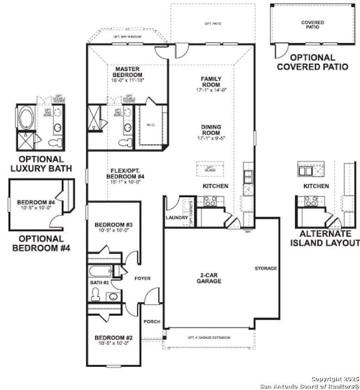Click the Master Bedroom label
click(x=127, y=72)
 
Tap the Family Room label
click(x=211, y=81)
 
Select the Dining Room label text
click(x=211, y=130)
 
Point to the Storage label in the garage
click(x=265, y=269)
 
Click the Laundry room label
click(x=177, y=218)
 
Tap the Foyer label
click(x=142, y=278)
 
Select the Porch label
click(x=151, y=321)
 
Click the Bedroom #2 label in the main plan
click(x=113, y=338)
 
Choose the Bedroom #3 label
click(x=113, y=224)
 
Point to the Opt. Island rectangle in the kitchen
click(x=210, y=168)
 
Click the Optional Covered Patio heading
click(x=312, y=61)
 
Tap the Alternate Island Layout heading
click(x=325, y=238)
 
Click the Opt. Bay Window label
click(x=127, y=37)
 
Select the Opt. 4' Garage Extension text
click(x=209, y=337)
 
